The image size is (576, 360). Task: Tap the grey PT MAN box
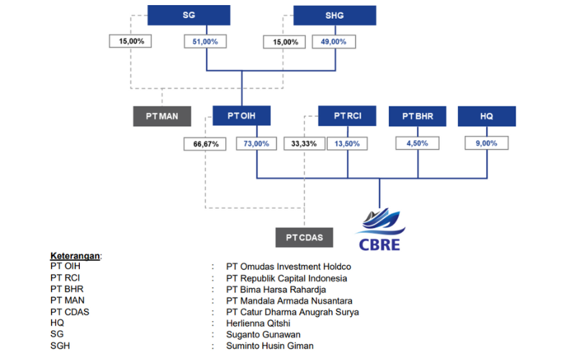(162, 116)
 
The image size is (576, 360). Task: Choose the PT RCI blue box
(347, 116)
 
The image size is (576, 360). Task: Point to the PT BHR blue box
(418, 116)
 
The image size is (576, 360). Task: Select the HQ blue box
(487, 116)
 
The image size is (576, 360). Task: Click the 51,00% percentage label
(207, 42)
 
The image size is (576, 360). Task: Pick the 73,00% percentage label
(257, 143)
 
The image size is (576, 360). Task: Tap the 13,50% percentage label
(347, 143)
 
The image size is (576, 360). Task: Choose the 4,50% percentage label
(418, 143)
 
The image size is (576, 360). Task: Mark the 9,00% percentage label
(487, 143)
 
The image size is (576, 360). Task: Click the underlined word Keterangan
(76, 256)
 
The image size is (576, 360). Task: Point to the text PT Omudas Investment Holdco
(288, 266)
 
